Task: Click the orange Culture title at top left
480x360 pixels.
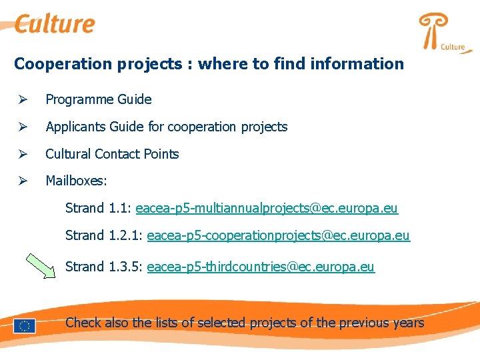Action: pos(55,24)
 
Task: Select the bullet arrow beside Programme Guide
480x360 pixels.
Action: pos(22,99)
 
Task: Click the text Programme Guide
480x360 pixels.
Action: pos(98,99)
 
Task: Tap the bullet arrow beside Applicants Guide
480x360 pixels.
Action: pos(22,127)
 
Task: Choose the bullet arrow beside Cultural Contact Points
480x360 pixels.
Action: pos(22,154)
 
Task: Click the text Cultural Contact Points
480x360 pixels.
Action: pos(112,154)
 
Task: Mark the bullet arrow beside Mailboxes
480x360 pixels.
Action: pos(22,181)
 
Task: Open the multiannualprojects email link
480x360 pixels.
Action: pos(267,209)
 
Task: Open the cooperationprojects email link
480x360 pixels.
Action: pos(278,236)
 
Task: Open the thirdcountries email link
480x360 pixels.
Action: pos(261,267)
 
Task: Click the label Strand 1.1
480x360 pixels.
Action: pos(98,209)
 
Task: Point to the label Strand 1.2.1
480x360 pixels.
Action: pos(103,236)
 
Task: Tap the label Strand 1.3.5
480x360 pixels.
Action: pos(103,267)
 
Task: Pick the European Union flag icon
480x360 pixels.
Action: pos(25,325)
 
